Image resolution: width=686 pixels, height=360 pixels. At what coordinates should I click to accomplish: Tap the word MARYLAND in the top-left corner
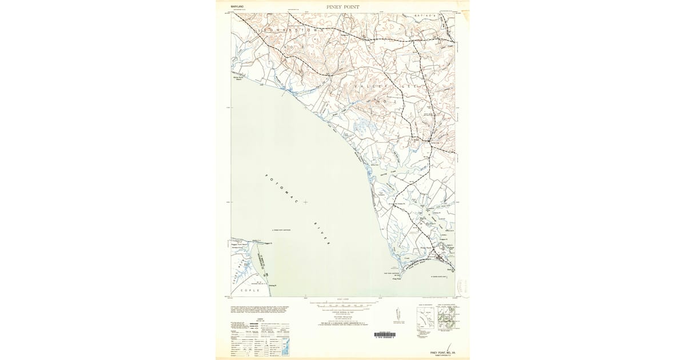[237, 7]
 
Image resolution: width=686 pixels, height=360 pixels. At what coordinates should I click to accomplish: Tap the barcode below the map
[389, 334]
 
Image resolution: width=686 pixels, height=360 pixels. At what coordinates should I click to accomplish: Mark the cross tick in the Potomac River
[306, 202]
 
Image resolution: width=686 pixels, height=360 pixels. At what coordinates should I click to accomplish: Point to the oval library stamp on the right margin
[464, 283]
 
